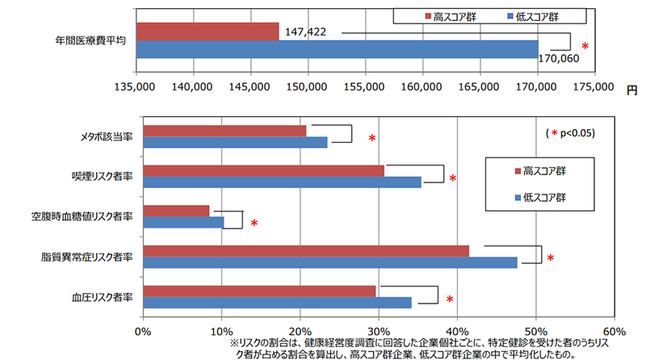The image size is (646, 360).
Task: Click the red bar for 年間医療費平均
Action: pos(208,31)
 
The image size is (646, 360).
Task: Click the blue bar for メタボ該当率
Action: pos(234,142)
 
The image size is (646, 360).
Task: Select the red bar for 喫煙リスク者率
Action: pos(263,170)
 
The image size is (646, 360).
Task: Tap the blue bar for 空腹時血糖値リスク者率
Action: pos(183,222)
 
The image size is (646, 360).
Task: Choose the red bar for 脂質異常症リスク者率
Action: pos(305,251)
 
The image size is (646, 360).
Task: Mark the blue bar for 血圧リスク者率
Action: pos(277,303)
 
